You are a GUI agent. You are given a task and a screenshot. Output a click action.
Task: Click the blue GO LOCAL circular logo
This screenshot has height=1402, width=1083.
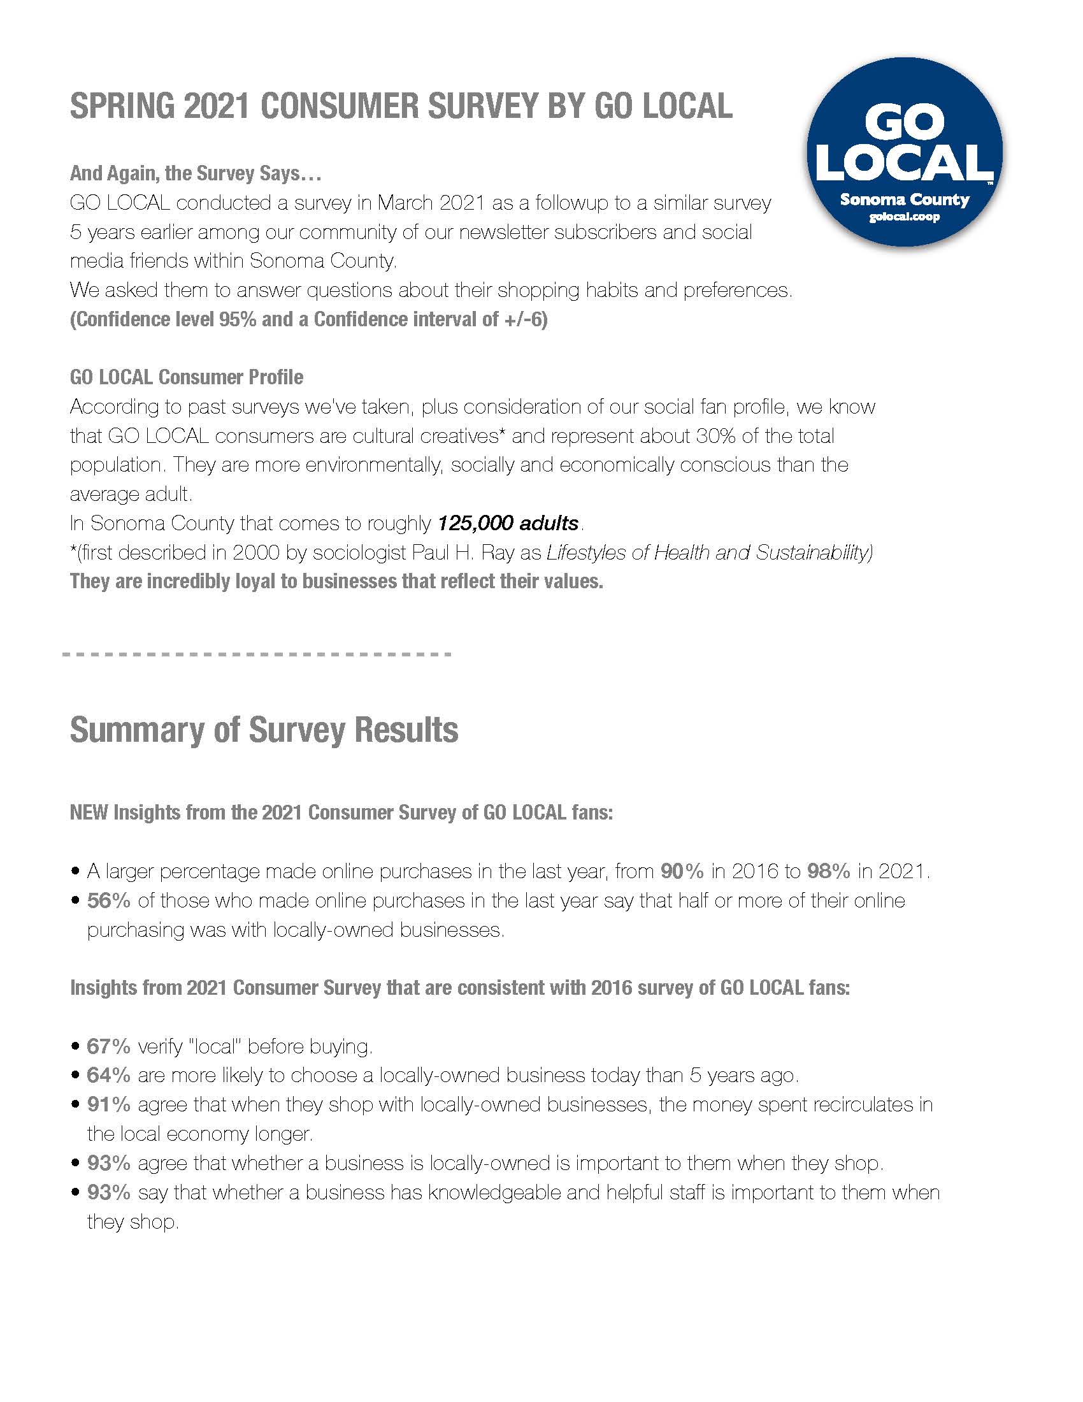(904, 152)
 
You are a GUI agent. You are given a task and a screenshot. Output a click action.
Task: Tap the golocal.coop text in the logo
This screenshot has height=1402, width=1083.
(904, 217)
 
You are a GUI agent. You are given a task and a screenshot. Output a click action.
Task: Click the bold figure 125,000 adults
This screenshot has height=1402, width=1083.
(508, 523)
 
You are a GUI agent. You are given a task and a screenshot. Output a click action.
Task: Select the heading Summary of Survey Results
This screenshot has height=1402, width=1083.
(264, 730)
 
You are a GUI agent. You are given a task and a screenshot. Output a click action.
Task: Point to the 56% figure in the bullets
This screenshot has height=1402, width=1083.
(108, 900)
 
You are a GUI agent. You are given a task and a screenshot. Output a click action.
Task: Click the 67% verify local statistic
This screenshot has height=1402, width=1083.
(108, 1046)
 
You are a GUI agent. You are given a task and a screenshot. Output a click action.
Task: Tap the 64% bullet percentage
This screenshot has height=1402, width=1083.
(108, 1075)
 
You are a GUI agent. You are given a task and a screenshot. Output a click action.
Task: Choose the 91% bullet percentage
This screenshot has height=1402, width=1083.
(108, 1104)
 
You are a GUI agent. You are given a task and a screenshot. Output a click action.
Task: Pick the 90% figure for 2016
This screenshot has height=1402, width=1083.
(682, 871)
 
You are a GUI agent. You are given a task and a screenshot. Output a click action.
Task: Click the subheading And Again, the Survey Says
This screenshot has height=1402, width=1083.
(195, 173)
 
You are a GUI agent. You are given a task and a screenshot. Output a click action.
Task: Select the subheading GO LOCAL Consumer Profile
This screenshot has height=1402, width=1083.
(186, 377)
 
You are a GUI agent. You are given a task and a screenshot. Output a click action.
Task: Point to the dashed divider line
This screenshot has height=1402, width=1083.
(257, 654)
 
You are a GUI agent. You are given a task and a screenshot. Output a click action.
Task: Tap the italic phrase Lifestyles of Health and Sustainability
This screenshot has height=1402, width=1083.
(709, 553)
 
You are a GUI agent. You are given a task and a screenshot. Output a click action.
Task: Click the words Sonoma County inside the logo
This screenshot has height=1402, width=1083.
(904, 199)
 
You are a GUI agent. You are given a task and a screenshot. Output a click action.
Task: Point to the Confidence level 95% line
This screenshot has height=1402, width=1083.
(308, 319)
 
